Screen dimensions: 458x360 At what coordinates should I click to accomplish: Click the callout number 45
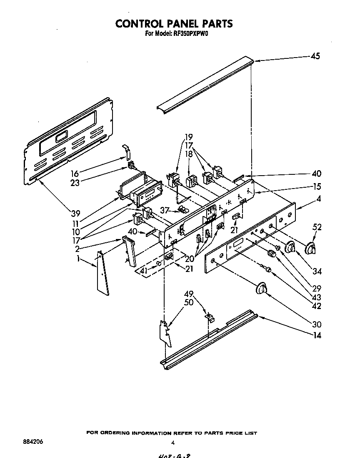coord(315,56)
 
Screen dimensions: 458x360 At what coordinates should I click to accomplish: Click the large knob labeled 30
coord(261,289)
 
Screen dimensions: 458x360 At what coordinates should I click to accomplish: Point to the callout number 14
coord(317,335)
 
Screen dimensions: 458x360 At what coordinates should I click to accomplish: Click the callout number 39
coord(75,214)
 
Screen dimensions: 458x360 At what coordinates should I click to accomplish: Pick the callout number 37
coord(165,210)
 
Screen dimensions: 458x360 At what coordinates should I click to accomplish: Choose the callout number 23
coord(75,183)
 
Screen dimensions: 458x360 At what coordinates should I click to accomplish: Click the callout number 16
coord(75,174)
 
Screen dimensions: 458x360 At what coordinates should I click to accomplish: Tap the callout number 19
coord(189,136)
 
